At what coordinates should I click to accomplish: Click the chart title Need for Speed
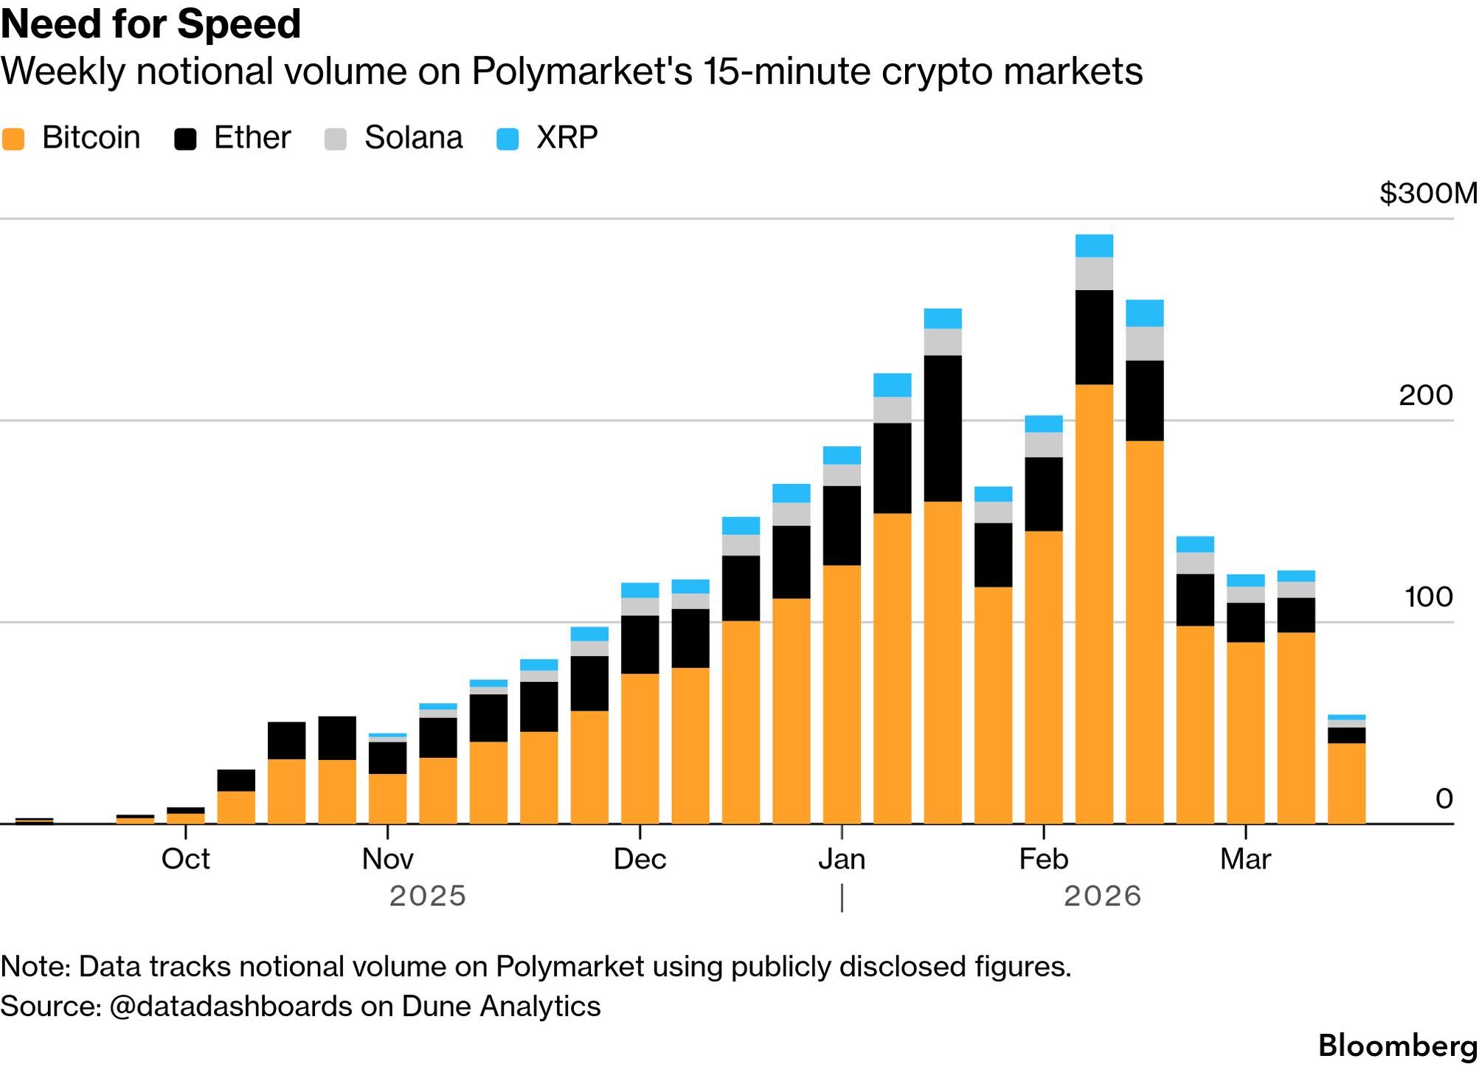[x=151, y=24]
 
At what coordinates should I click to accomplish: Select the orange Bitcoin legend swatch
[x=13, y=139]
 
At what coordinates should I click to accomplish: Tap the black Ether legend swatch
[x=185, y=139]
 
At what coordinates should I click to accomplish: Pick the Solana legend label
[x=413, y=138]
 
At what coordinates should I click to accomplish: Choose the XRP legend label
[x=567, y=138]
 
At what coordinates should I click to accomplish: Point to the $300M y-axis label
[x=1428, y=193]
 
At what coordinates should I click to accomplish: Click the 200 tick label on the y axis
[x=1425, y=396]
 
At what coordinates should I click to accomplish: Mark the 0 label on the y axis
[x=1444, y=798]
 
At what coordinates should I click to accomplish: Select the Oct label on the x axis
[x=186, y=859]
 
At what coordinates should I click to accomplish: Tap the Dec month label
[x=640, y=859]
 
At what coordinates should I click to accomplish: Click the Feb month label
[x=1043, y=859]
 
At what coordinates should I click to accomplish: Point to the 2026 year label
[x=1102, y=897]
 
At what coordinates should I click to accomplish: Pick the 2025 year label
[x=428, y=897]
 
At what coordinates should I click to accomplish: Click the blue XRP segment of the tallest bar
[x=1094, y=246]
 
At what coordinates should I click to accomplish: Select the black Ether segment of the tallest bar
[x=1094, y=337]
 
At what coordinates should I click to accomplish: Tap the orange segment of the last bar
[x=1346, y=783]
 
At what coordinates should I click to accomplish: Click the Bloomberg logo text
[x=1397, y=1046]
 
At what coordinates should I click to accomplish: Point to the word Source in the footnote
[x=48, y=1006]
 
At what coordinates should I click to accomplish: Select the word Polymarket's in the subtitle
[x=582, y=72]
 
